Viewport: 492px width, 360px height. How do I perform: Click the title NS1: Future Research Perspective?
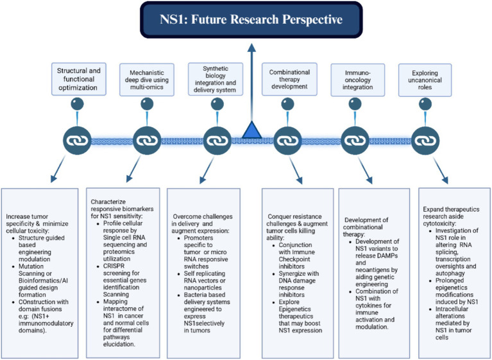pos(251,19)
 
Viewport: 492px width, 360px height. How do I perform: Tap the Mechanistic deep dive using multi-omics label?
pos(148,75)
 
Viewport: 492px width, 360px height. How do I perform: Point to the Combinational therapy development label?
pos(285,76)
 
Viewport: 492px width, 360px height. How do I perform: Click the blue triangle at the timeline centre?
pos(251,131)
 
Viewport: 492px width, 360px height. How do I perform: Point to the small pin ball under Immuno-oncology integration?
pos(354,104)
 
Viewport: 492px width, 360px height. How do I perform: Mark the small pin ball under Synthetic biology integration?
pos(216,104)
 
